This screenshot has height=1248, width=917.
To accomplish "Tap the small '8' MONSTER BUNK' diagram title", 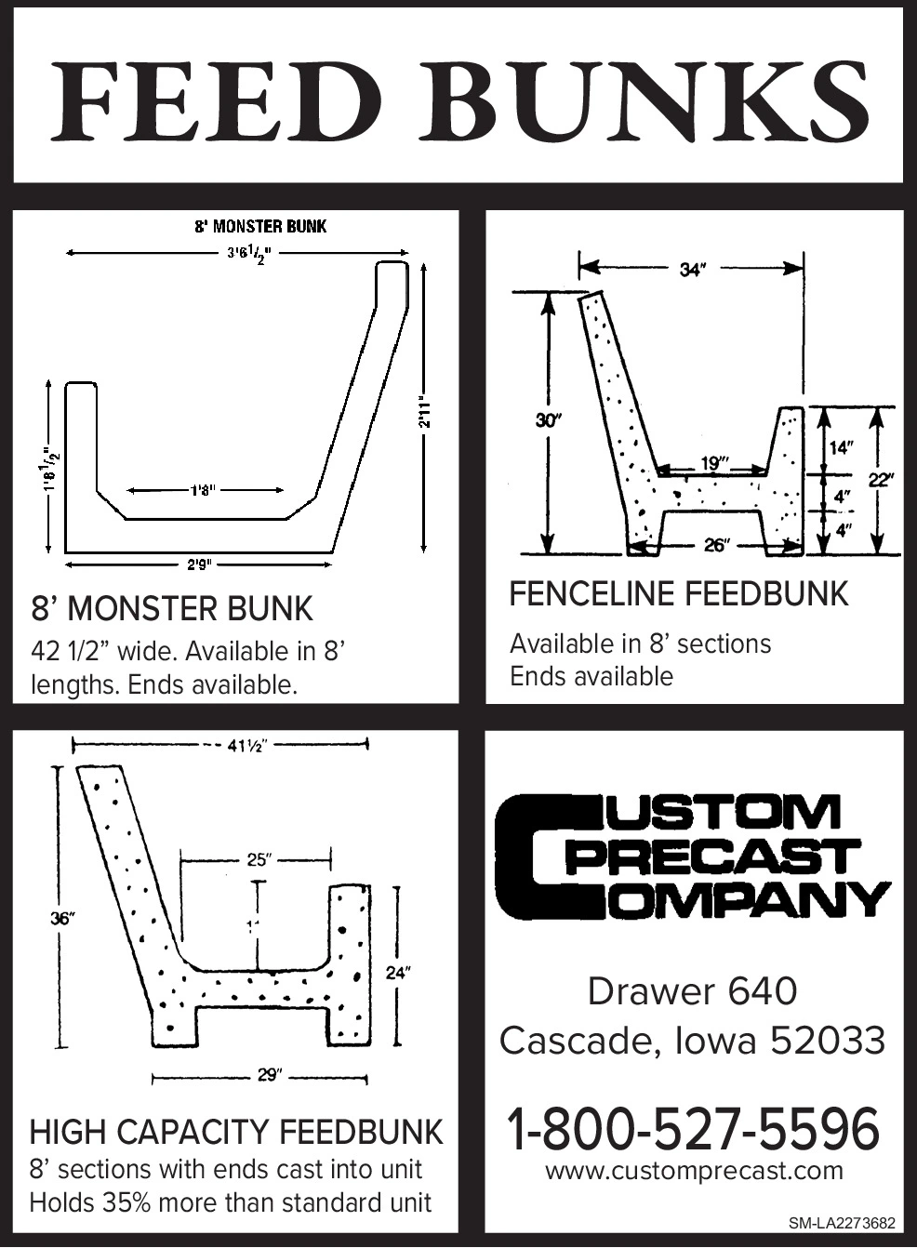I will tap(260, 226).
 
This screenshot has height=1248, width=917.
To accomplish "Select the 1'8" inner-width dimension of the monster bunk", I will tap(204, 489).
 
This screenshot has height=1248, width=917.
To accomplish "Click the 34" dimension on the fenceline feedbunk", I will tap(693, 270).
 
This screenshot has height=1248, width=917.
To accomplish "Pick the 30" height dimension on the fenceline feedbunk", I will tap(550, 420).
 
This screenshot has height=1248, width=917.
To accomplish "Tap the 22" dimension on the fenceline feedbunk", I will tap(881, 480).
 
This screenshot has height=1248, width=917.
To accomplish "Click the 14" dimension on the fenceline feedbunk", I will tap(841, 447).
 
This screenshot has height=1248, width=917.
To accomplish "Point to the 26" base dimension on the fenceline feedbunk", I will tap(714, 545).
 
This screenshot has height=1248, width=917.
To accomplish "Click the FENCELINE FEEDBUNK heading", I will tap(679, 594).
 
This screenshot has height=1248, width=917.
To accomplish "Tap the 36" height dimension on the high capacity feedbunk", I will tap(62, 919).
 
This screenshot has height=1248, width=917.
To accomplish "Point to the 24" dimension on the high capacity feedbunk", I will tap(398, 973).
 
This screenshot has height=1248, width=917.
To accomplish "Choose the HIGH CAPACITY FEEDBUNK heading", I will tap(236, 1132).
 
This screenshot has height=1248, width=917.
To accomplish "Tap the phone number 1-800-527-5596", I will tap(693, 1128).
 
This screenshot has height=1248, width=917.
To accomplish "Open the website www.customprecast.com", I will tap(694, 1171).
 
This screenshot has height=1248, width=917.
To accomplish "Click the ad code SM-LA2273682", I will tap(842, 1223).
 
